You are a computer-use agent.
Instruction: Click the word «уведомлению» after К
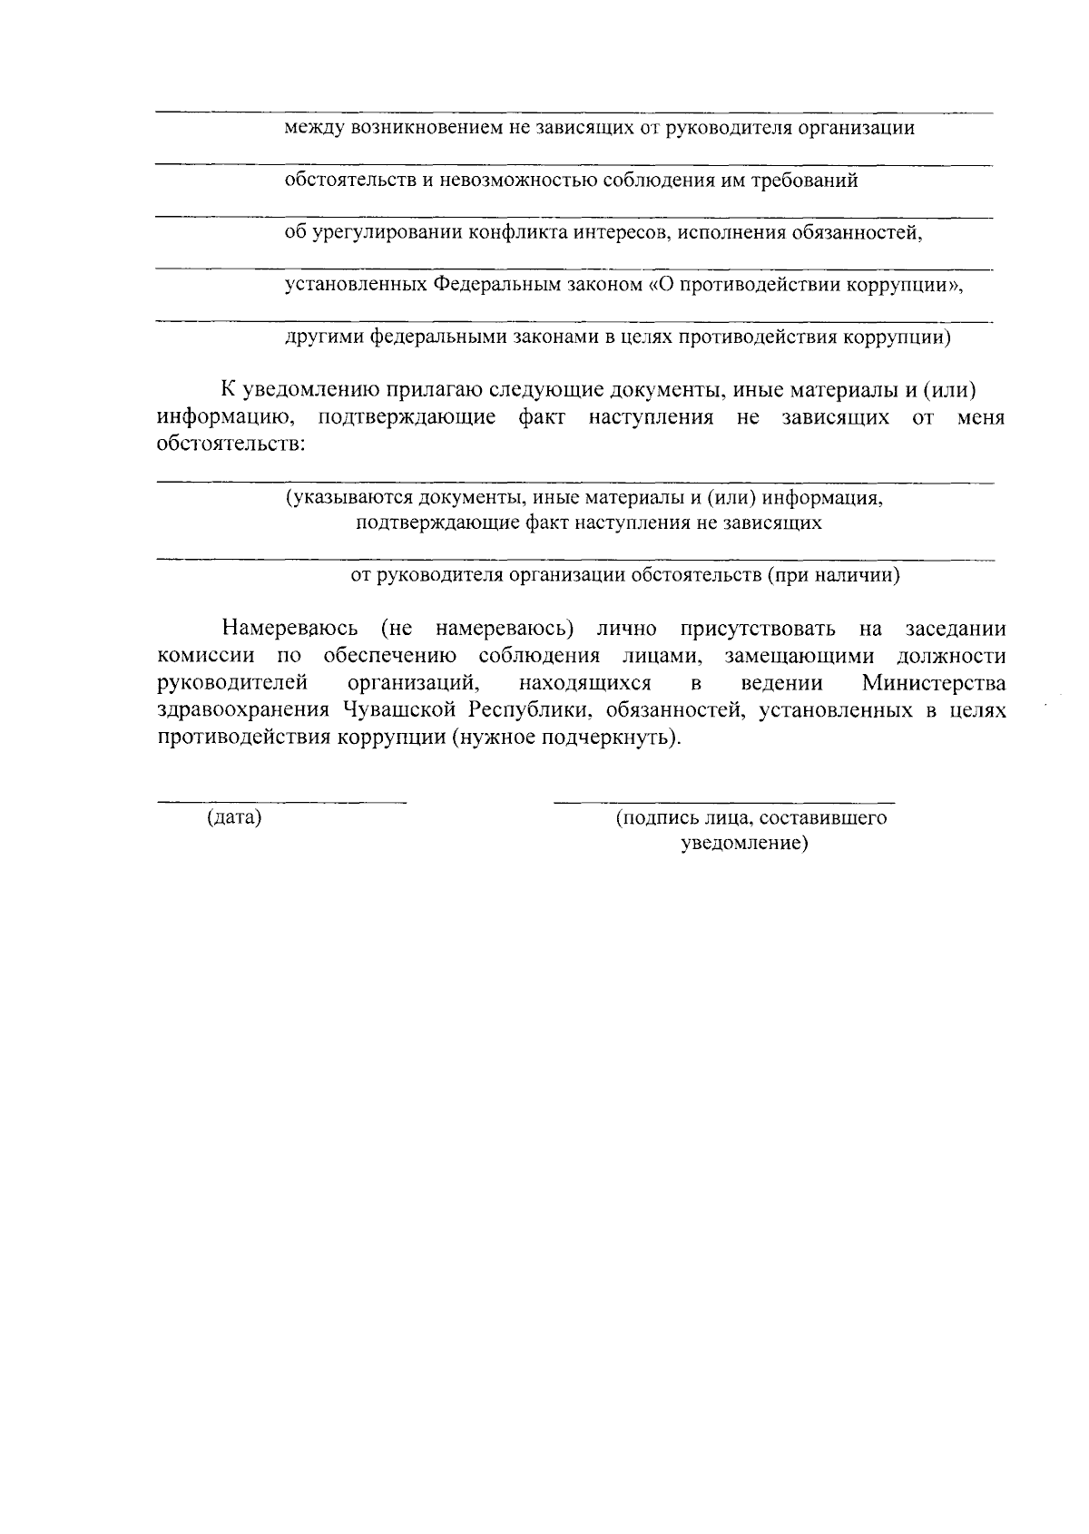point(309,391)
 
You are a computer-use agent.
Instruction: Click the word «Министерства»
point(933,682)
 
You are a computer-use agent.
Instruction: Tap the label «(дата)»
point(234,818)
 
